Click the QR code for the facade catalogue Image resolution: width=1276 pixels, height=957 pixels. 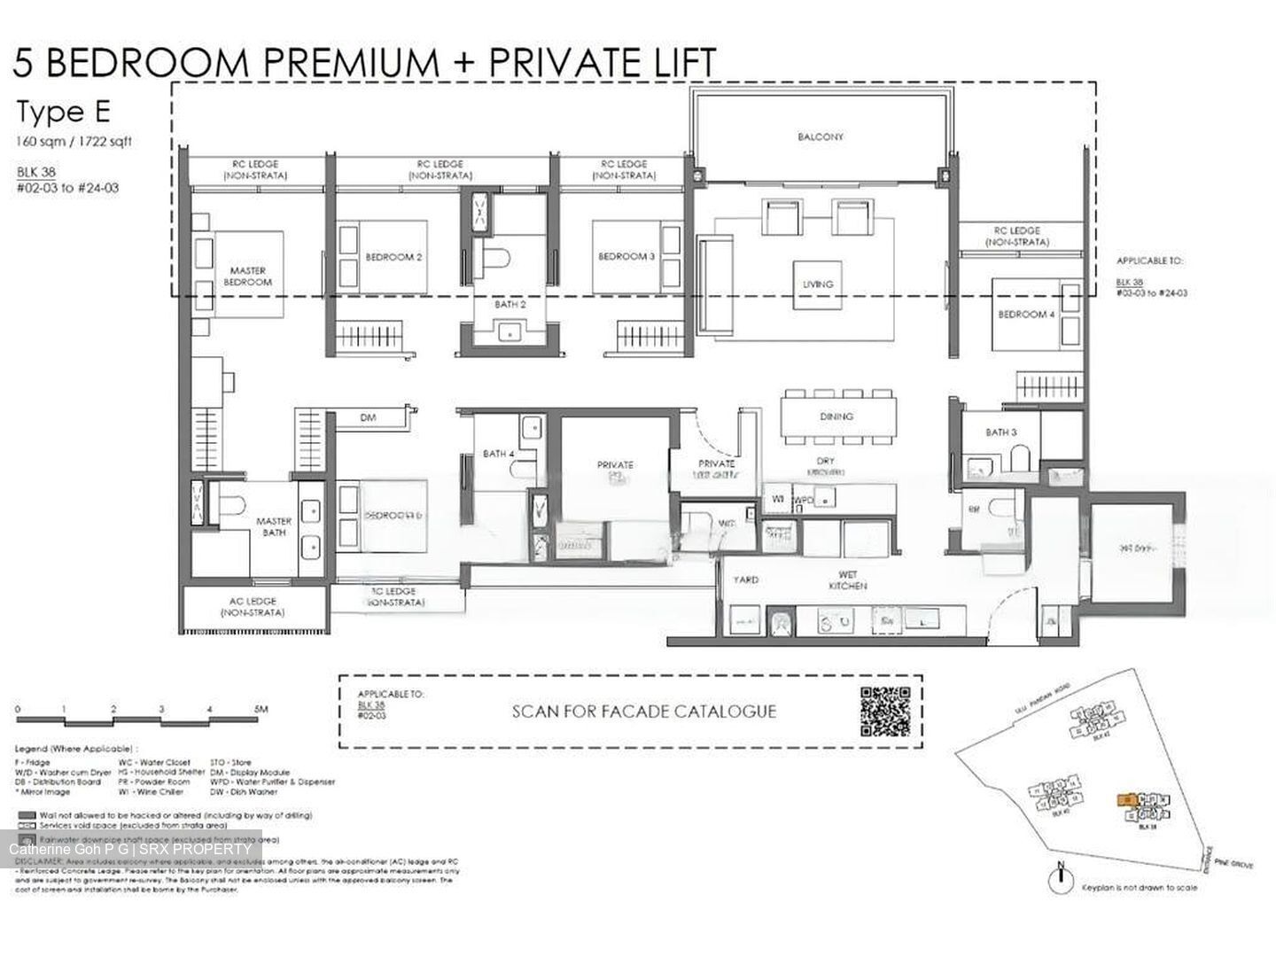(x=884, y=712)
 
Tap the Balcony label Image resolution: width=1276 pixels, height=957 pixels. (x=820, y=137)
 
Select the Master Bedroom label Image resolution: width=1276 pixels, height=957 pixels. (x=247, y=276)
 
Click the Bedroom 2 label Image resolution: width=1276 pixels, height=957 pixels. (x=393, y=257)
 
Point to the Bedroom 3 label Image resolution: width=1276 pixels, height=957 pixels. (x=626, y=256)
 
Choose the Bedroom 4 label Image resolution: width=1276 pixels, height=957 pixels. (x=1026, y=315)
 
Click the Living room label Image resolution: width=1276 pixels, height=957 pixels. (x=817, y=284)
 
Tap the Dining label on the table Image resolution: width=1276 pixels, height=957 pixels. (x=836, y=416)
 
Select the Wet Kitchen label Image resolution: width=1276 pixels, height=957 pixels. (x=847, y=580)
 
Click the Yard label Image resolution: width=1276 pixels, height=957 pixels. (x=744, y=580)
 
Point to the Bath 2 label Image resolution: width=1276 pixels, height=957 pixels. (x=510, y=305)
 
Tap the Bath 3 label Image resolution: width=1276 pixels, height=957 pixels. (x=1000, y=432)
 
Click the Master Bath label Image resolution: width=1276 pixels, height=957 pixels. (x=274, y=527)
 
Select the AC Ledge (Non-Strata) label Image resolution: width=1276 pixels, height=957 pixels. (x=253, y=607)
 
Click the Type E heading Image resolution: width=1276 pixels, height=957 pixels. (x=64, y=113)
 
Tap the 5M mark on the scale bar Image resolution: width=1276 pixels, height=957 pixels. (x=261, y=709)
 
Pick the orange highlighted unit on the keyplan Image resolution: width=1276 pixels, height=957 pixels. (x=1126, y=799)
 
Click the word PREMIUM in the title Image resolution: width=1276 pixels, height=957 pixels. (x=353, y=63)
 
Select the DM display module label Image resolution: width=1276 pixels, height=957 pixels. (x=369, y=416)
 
